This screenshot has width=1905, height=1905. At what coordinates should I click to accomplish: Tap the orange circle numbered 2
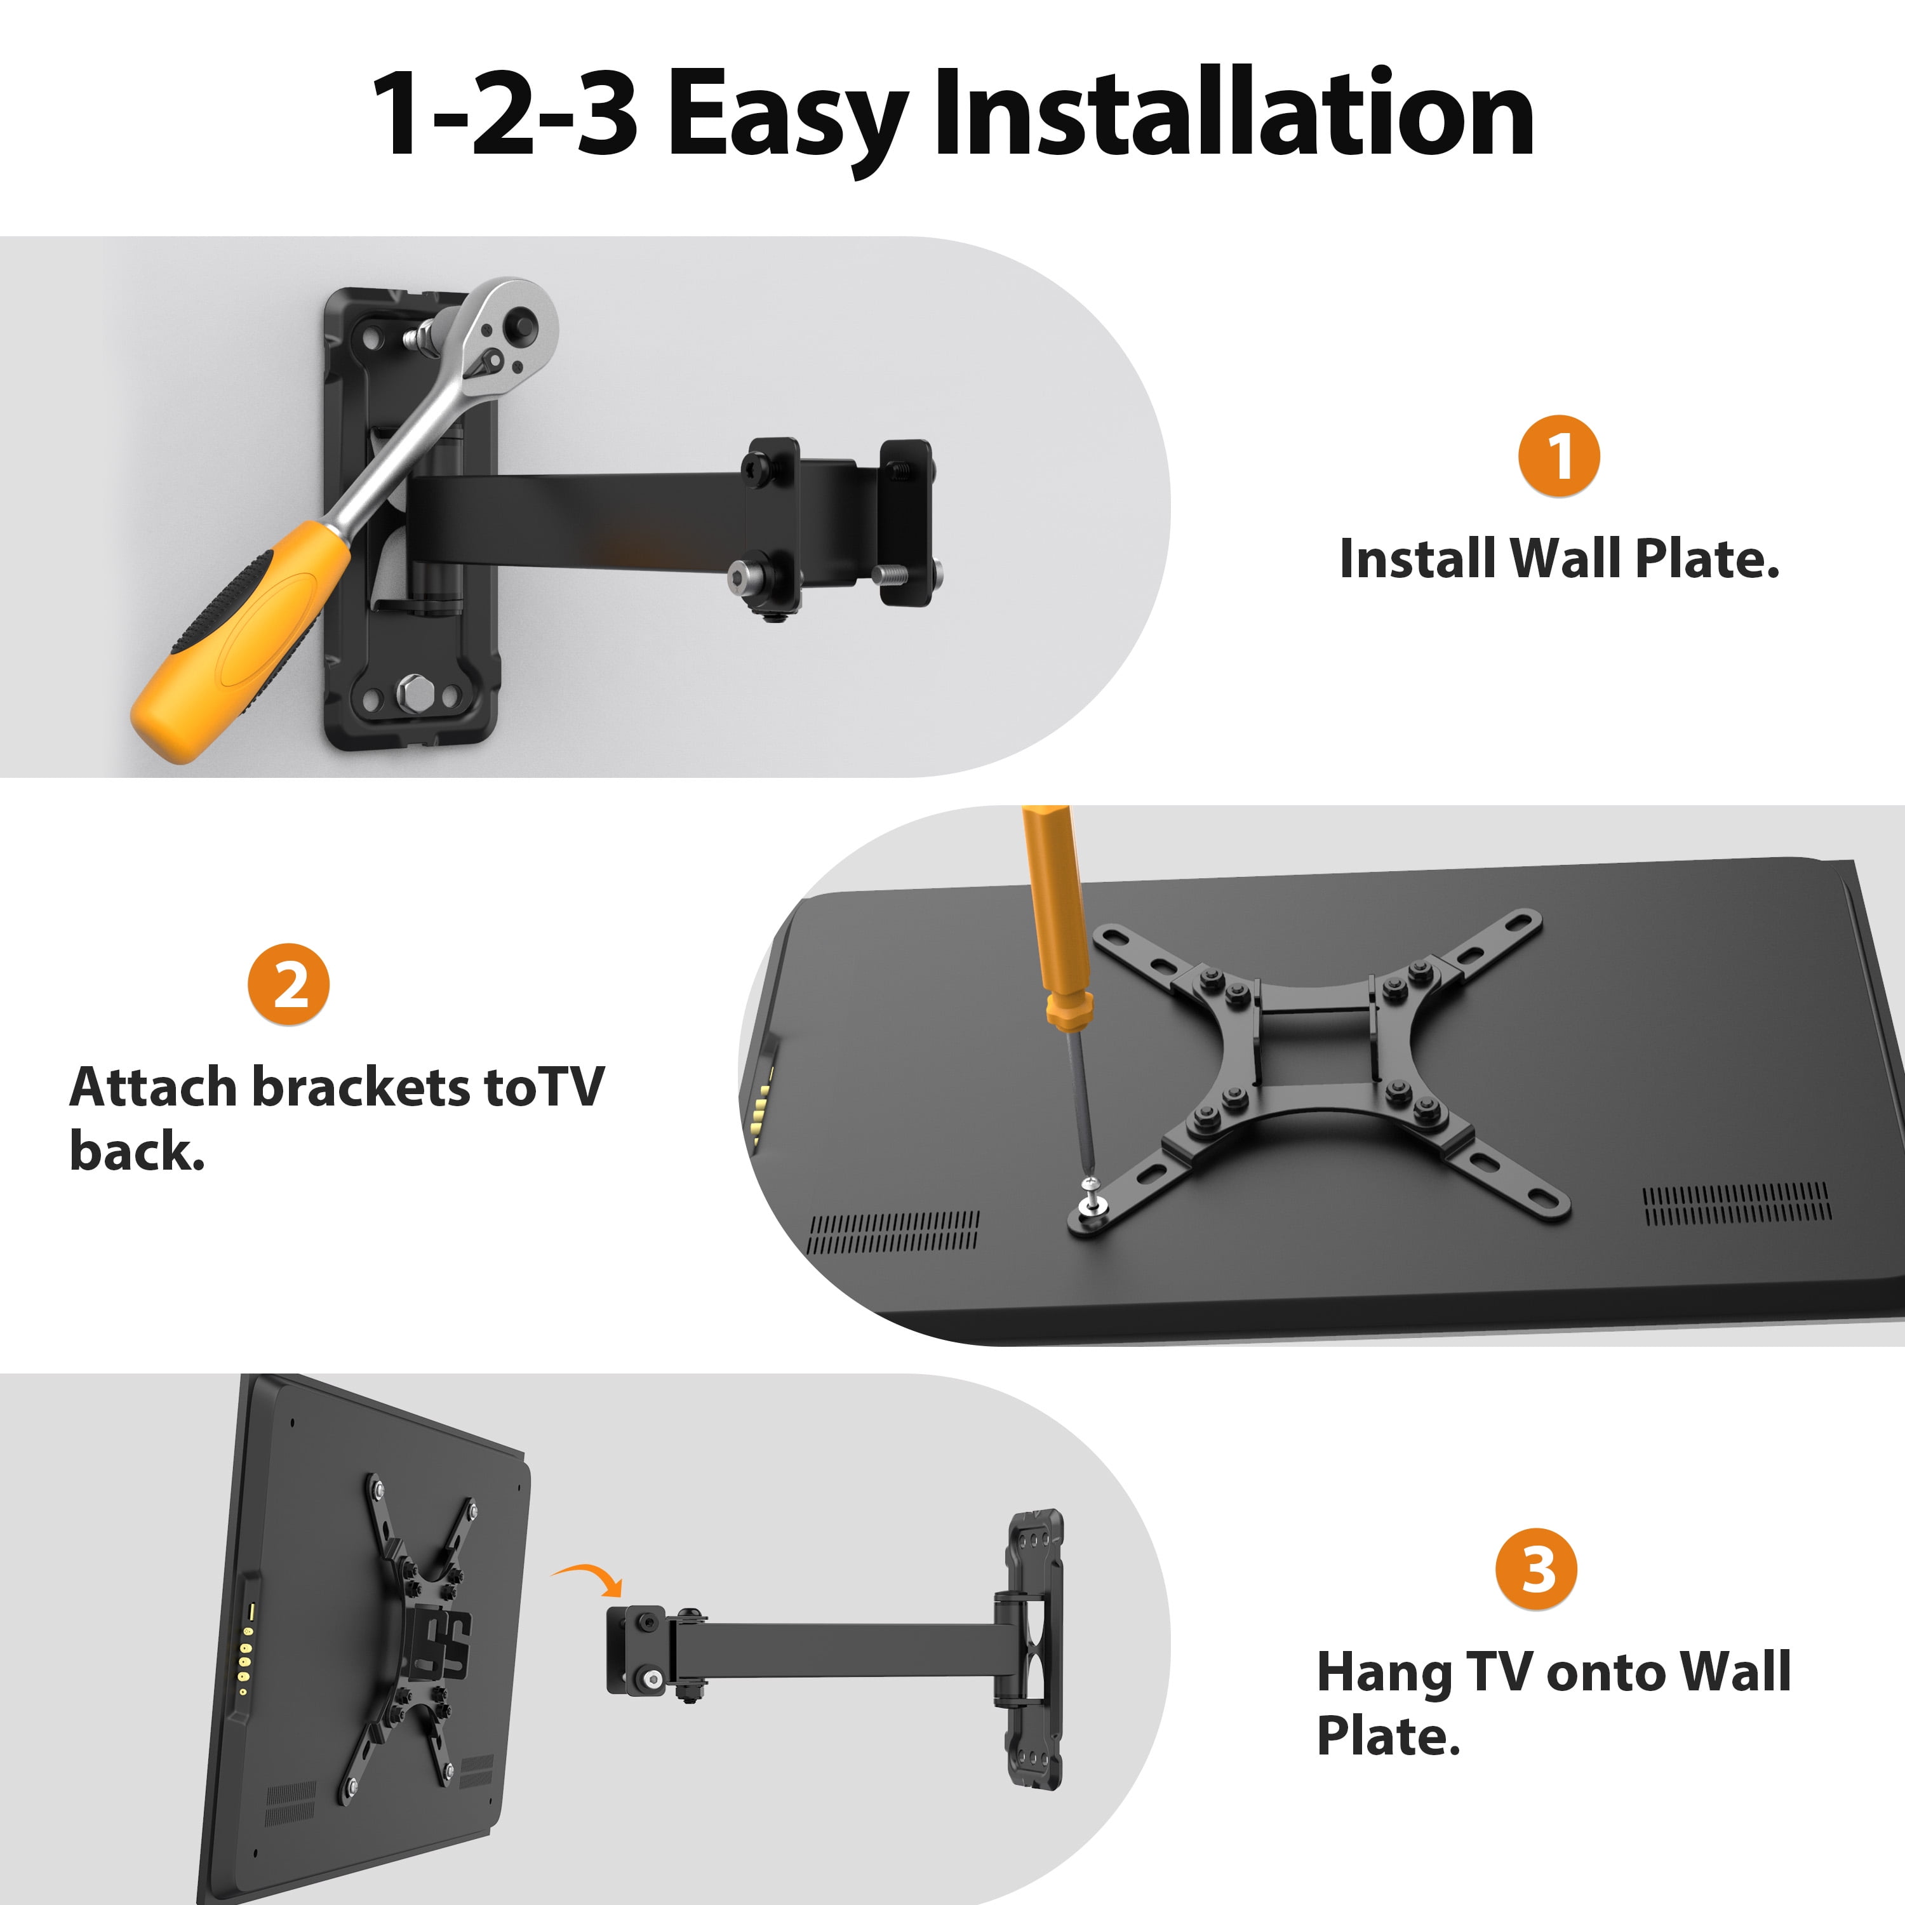(288, 984)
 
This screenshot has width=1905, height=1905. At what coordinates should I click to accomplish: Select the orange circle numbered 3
(1536, 1568)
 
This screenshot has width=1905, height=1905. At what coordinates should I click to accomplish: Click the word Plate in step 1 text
(1706, 559)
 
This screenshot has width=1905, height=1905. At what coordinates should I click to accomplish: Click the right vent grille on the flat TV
(1736, 1204)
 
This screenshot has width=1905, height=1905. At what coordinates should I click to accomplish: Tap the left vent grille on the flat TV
(893, 1233)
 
